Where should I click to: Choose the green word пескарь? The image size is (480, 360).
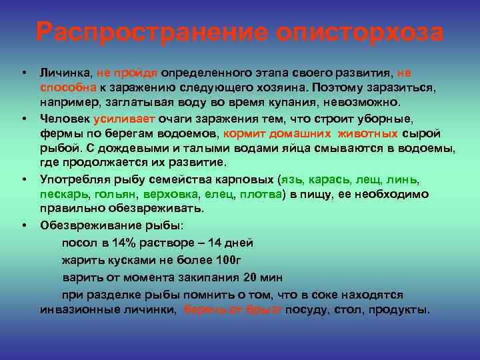(63, 195)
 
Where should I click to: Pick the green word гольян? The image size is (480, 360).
(115, 195)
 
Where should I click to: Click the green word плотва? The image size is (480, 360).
(258, 195)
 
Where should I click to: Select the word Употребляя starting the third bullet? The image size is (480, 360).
(73, 180)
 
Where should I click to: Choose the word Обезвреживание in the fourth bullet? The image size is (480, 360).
(83, 225)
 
